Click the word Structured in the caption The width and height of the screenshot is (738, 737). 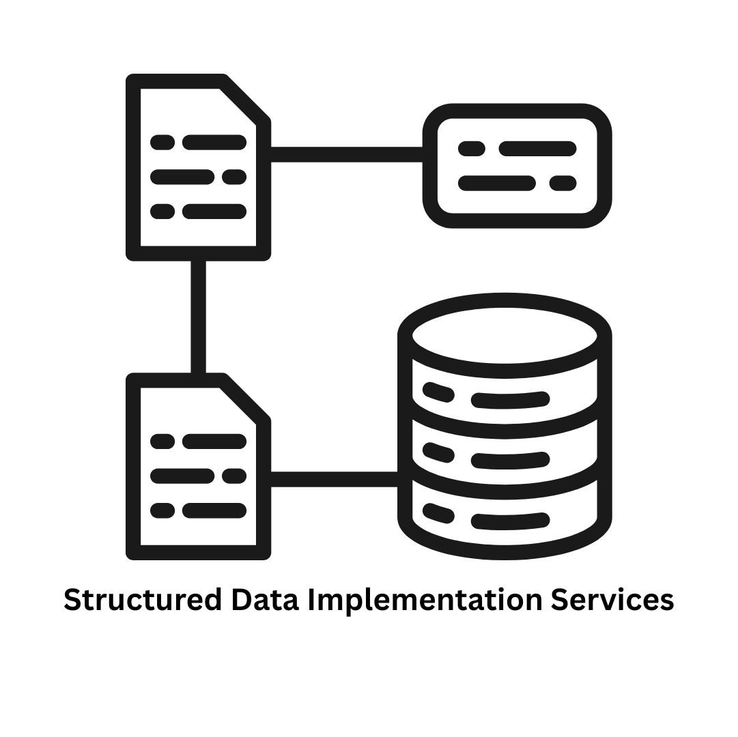pos(143,600)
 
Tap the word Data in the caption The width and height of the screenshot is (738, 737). pos(265,600)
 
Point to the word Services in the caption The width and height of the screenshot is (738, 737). pos(612,600)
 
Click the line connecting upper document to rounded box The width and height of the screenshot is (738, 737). pos(347,154)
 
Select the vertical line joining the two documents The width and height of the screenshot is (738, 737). pos(198,317)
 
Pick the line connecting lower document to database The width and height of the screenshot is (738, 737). pos(334,479)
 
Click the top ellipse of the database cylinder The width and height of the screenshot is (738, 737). pos(505,336)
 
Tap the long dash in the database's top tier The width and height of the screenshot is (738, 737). pos(510,400)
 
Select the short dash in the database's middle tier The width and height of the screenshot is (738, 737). pos(438,453)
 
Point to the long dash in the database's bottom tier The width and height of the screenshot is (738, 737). pos(510,521)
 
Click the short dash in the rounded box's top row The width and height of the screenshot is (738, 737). pos(471,149)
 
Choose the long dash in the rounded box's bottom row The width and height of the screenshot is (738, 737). pos(496,183)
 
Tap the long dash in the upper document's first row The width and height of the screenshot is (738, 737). pos(214,143)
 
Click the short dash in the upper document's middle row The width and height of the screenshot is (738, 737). pos(234,177)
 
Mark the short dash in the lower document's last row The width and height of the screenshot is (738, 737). pos(162,510)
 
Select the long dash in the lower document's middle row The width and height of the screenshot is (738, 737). pos(182,476)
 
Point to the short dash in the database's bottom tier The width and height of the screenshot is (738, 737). pos(438,513)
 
